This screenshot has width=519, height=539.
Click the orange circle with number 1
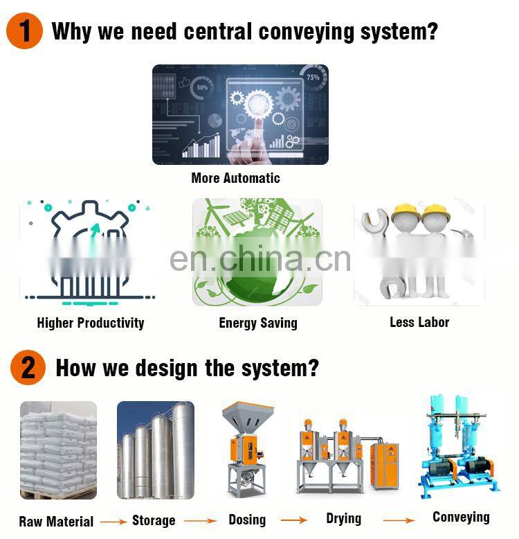25,31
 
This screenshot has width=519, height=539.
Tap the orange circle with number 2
28,367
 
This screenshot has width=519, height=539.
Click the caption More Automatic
235,178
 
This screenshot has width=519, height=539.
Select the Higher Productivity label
91,323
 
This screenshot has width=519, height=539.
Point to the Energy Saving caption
258,323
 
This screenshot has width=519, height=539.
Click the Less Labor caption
419,322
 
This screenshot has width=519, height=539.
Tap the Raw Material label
56,522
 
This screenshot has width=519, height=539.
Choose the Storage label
154,520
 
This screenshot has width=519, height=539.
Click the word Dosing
247,520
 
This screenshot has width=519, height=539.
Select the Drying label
344,518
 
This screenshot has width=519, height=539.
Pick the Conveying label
461,517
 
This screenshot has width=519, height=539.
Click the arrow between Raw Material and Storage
113,522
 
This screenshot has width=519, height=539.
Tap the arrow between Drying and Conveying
399,520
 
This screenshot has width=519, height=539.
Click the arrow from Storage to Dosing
201,520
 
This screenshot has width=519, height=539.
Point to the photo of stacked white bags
58,449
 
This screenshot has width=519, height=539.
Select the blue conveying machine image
459,443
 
